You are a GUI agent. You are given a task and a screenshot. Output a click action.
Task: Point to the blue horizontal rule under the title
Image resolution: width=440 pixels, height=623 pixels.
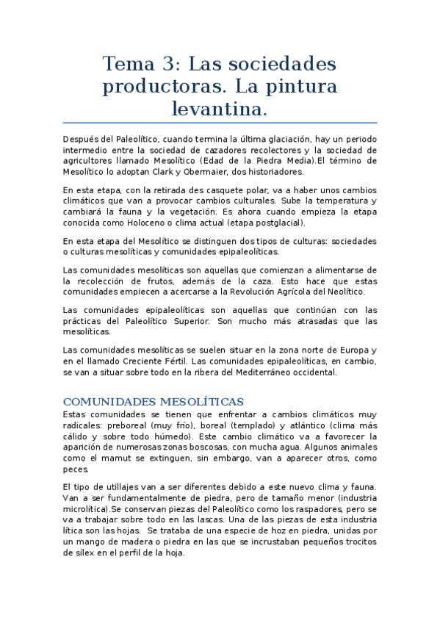click(220, 123)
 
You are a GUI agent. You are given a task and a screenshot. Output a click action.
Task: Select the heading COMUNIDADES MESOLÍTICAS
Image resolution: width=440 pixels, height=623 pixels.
click(154, 401)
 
